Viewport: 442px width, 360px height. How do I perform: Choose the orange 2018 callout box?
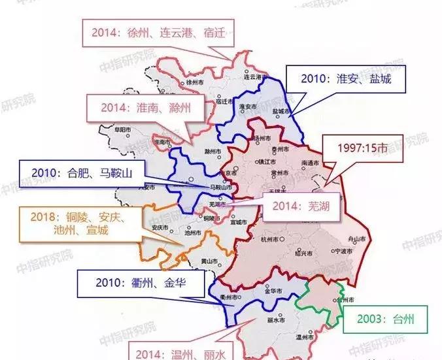click(73, 223)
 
